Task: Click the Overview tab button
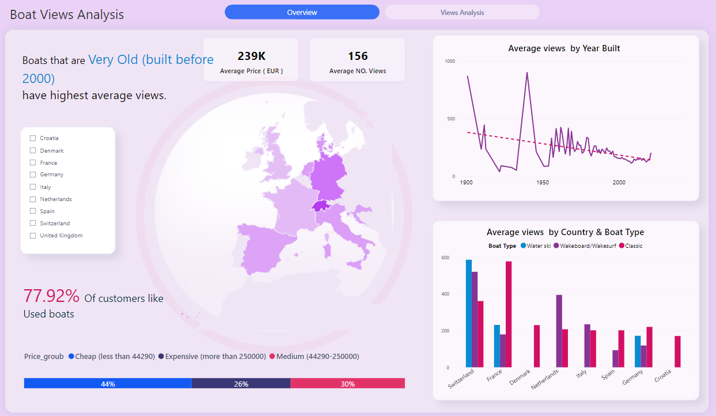click(302, 12)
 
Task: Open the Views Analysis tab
click(462, 12)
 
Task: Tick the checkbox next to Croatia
click(33, 138)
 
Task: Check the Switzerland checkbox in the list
click(33, 224)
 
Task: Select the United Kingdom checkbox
click(33, 236)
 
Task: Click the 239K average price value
click(251, 56)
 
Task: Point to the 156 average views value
click(357, 56)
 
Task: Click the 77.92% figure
click(51, 296)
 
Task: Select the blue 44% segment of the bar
click(108, 384)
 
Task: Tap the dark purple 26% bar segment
click(241, 384)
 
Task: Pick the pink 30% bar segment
click(347, 384)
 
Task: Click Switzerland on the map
click(320, 206)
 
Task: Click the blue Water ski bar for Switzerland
click(468, 313)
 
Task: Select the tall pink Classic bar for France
click(508, 314)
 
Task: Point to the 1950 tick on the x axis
click(543, 183)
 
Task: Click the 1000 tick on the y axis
click(449, 61)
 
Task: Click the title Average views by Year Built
click(564, 48)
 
